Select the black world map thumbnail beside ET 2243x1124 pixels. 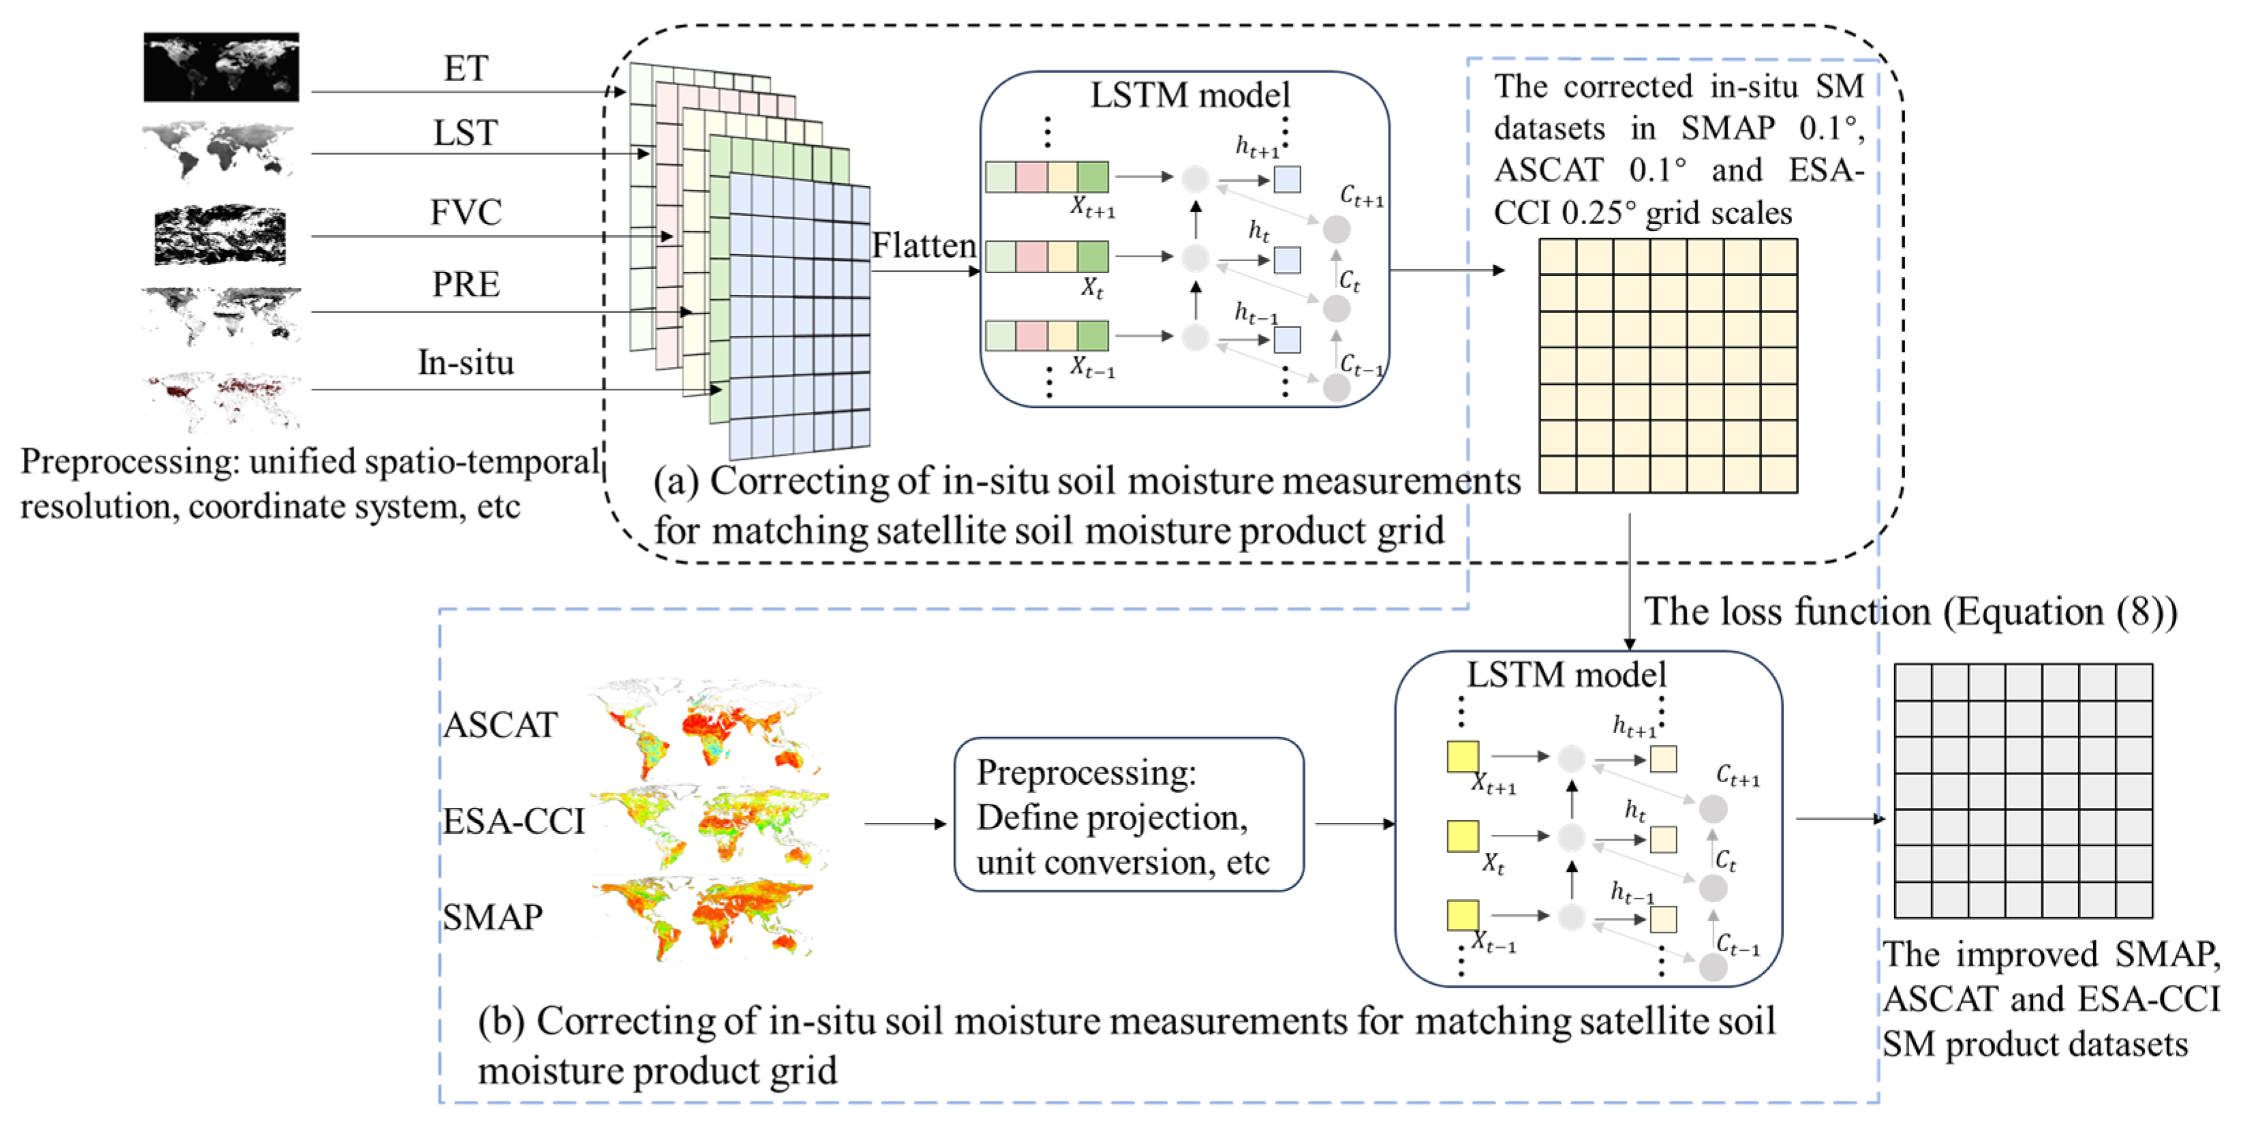coord(221,67)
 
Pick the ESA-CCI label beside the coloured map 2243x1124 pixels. coord(513,821)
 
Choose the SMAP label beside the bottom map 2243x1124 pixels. coord(493,917)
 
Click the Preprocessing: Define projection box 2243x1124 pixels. coord(1128,815)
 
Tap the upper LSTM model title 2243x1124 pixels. coord(1190,95)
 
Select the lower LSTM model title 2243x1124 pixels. coord(1566,674)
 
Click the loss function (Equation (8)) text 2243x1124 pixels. coord(1911,611)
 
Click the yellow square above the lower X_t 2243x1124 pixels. coord(1463,837)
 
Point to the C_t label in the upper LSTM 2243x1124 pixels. coord(1349,281)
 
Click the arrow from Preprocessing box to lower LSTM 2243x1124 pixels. coord(1355,823)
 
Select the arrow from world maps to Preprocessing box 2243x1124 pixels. coord(905,823)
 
